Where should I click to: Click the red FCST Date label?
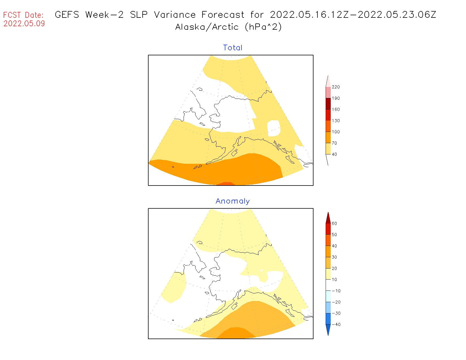(23, 15)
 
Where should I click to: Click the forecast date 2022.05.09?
(24, 23)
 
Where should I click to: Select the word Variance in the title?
(175, 15)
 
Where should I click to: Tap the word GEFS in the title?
(67, 15)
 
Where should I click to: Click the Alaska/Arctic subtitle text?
(207, 27)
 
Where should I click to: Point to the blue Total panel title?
(233, 48)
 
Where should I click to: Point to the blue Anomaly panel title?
(233, 201)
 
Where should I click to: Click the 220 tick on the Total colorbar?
(336, 87)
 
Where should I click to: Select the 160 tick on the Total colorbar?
(336, 110)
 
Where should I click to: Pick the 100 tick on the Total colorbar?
(336, 132)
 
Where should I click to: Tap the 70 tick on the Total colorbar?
(334, 143)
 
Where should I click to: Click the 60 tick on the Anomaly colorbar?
(334, 223)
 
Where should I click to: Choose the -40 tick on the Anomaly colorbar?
(336, 324)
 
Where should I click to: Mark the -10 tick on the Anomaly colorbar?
(336, 291)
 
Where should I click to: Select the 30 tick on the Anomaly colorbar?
(334, 257)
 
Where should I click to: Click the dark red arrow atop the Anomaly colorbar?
(328, 218)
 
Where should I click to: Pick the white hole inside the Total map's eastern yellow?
(273, 128)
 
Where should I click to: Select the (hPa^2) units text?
(263, 27)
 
